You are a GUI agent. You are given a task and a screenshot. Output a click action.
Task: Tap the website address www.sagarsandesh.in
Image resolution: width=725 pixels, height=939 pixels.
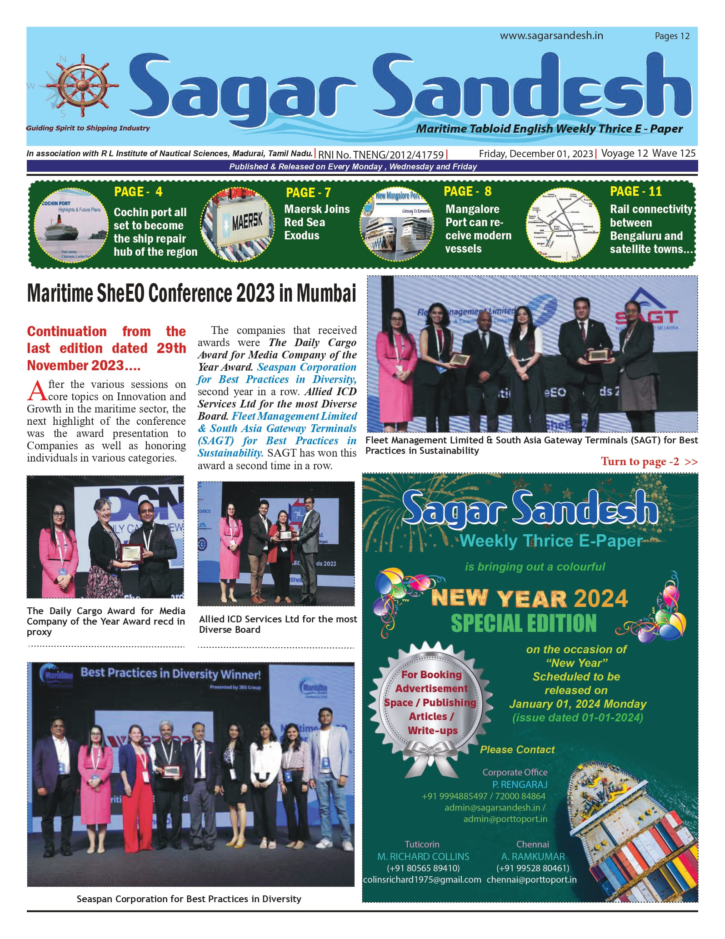point(551,36)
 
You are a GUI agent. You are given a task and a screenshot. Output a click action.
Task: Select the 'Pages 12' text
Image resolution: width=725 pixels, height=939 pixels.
point(672,36)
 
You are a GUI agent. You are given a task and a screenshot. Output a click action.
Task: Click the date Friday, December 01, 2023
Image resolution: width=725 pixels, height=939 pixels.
point(536,154)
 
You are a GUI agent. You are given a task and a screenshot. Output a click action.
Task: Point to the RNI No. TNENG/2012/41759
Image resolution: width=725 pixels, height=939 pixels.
point(381,154)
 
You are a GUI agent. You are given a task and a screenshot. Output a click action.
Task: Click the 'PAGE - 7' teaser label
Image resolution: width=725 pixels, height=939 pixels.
point(308,193)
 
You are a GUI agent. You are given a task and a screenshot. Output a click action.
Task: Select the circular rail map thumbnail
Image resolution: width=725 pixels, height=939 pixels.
point(563,224)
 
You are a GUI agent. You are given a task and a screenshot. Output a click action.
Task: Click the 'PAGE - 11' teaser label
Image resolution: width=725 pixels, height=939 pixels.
point(635,191)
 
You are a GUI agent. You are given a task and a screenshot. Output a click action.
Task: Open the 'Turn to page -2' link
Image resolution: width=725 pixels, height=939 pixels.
point(649,462)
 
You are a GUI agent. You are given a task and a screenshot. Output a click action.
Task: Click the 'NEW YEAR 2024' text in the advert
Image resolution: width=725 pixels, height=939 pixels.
point(530,598)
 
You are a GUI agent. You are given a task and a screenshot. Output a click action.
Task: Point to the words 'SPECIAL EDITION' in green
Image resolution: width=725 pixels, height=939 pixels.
point(524,623)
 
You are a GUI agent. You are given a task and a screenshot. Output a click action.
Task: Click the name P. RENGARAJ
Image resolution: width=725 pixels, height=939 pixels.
point(520,785)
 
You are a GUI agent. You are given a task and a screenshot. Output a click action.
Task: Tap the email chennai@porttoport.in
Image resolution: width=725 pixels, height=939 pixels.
point(531,879)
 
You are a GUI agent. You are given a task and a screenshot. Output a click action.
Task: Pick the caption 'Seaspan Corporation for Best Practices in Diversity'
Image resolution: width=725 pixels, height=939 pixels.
point(189,899)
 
